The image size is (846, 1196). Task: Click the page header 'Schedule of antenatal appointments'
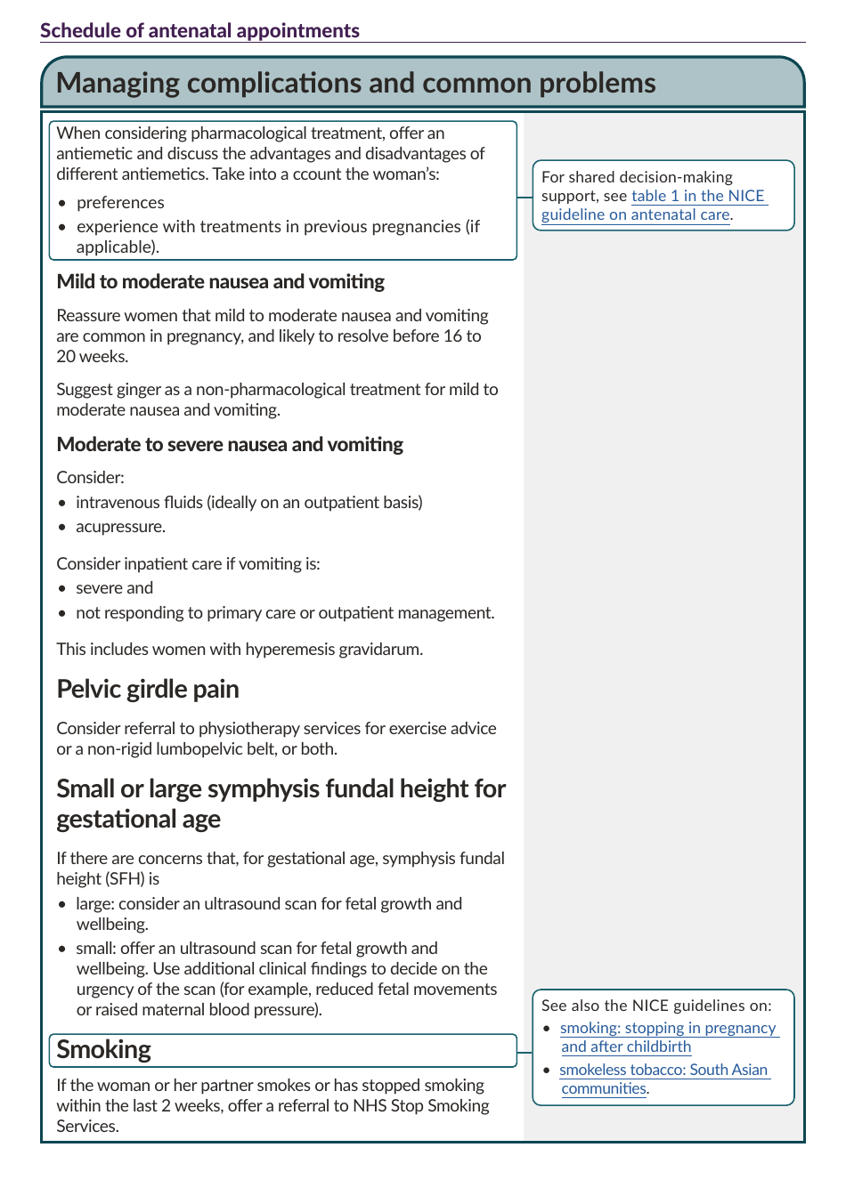[199, 30]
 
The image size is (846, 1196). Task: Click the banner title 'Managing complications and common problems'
[355, 83]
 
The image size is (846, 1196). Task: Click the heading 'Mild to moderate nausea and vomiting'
[220, 282]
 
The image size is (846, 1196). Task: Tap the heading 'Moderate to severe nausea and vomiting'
[230, 445]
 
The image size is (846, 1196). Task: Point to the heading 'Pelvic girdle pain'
[147, 690]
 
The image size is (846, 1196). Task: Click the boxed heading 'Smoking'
[103, 1050]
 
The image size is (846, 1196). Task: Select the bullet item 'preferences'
[120, 203]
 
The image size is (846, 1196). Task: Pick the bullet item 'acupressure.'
[120, 527]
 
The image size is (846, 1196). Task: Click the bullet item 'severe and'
[114, 588]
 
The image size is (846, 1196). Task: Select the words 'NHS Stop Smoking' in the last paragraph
[421, 1106]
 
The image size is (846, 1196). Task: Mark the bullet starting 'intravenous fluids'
[248, 503]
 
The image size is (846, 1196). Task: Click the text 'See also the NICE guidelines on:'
[656, 1006]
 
